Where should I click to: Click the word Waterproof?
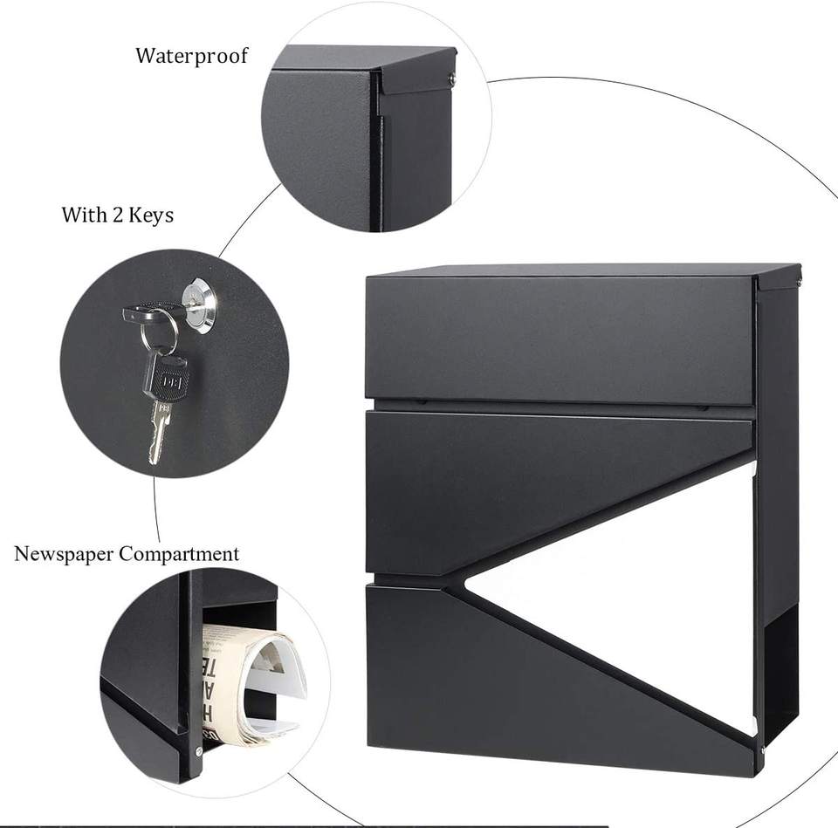tap(191, 56)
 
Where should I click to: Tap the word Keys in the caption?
tap(151, 215)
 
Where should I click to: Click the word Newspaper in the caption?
tap(64, 553)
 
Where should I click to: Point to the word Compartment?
tap(179, 554)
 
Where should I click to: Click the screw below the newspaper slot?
tap(199, 751)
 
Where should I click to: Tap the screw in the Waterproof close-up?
tap(450, 79)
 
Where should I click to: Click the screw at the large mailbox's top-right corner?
tap(798, 281)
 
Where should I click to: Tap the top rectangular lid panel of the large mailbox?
tap(559, 339)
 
